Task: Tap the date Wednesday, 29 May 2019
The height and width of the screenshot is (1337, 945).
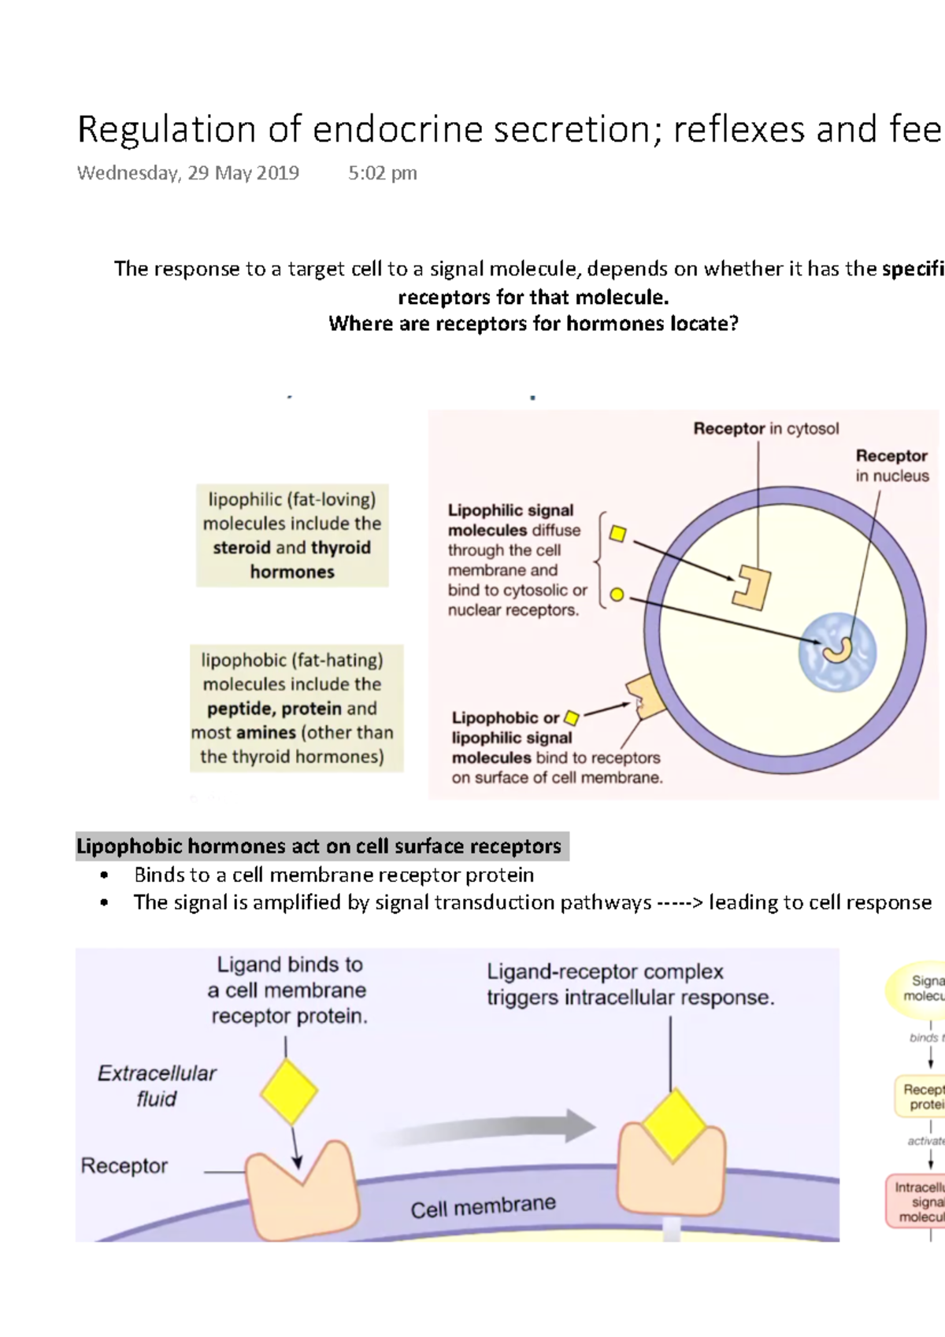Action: (187, 173)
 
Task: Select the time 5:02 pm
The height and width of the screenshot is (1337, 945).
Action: (382, 173)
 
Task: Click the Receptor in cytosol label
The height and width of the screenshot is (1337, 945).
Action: (765, 428)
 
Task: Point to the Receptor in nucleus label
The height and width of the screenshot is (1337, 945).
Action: (891, 465)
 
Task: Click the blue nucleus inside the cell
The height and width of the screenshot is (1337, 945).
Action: (837, 652)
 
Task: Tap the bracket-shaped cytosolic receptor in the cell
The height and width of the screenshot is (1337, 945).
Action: (750, 587)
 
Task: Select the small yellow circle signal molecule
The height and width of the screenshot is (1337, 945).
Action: (617, 594)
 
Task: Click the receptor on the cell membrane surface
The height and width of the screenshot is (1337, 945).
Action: (645, 697)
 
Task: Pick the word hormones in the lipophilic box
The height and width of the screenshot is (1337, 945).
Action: (292, 572)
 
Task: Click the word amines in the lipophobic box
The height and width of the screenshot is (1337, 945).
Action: (266, 732)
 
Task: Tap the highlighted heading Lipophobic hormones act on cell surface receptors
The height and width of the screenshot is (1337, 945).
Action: (319, 846)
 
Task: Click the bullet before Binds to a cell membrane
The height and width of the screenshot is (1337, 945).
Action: (104, 876)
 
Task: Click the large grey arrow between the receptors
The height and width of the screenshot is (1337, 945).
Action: (496, 1130)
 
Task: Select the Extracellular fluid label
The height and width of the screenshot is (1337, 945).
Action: (156, 1086)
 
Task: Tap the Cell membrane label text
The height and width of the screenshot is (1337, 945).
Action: (483, 1206)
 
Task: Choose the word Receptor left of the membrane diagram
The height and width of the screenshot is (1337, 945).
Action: (124, 1166)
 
